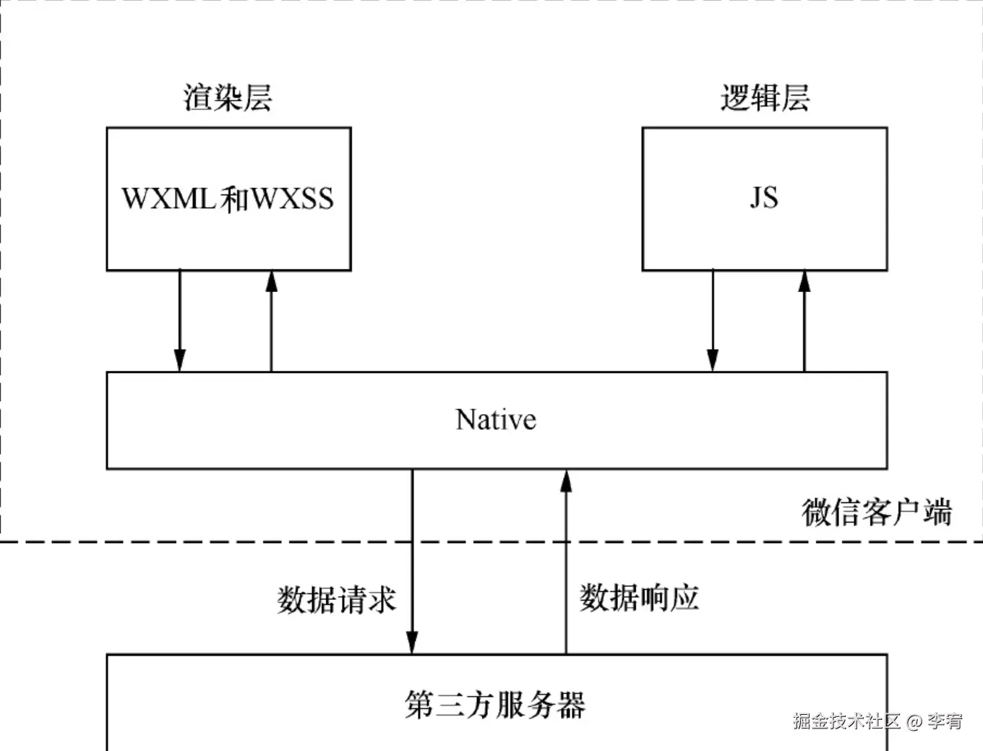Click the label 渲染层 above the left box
pyautogui.click(x=228, y=98)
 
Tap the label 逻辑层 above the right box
pyautogui.click(x=765, y=98)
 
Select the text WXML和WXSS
pyautogui.click(x=228, y=199)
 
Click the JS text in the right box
pyautogui.click(x=764, y=197)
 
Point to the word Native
pyautogui.click(x=496, y=419)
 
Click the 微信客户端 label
pyautogui.click(x=876, y=512)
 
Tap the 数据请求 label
pyautogui.click(x=337, y=600)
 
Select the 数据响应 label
pyautogui.click(x=639, y=598)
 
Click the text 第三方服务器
pyautogui.click(x=495, y=705)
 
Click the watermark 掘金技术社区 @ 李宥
pyautogui.click(x=877, y=721)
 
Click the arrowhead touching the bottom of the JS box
pyautogui.click(x=804, y=281)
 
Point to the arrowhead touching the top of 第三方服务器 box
pyautogui.click(x=412, y=643)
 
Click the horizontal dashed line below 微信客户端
pyautogui.click(x=217, y=541)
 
